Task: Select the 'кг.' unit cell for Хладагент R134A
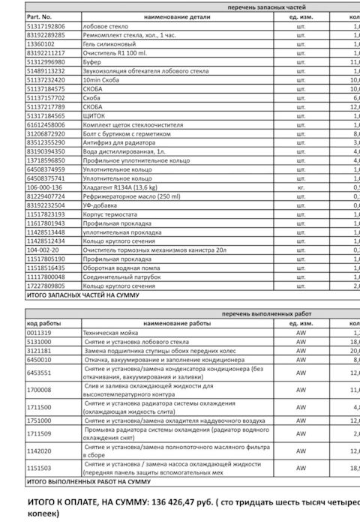301,187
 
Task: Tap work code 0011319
39,331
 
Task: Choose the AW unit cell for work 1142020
301,452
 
